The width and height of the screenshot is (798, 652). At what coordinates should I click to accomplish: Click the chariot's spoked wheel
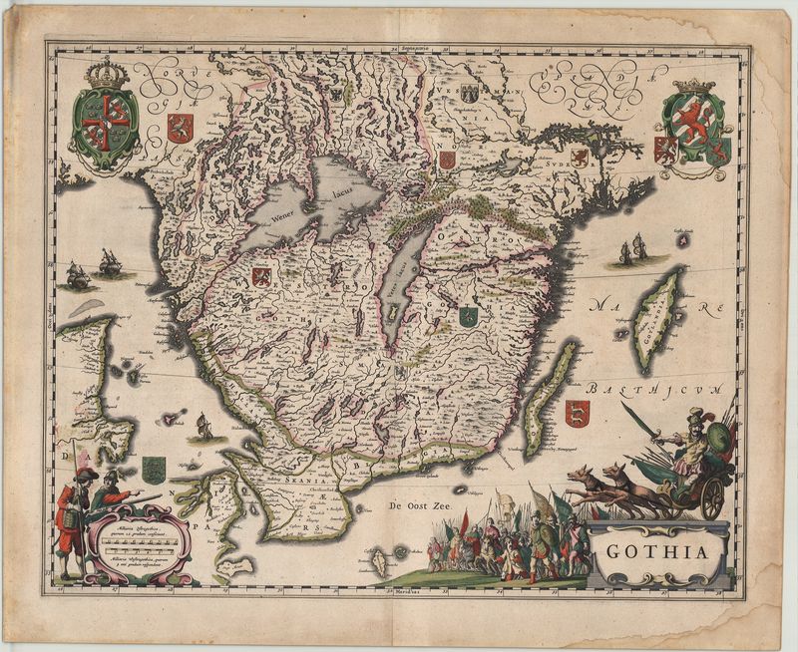pyautogui.click(x=712, y=497)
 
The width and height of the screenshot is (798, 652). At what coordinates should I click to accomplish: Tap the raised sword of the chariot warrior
pyautogui.click(x=639, y=420)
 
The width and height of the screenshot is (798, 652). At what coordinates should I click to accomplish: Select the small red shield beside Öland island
pyautogui.click(x=577, y=412)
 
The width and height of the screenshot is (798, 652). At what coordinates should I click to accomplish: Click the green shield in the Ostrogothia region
pyautogui.click(x=466, y=317)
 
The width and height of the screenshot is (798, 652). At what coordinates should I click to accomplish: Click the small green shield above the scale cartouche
pyautogui.click(x=153, y=469)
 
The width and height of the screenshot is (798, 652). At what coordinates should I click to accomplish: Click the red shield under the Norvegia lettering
pyautogui.click(x=180, y=127)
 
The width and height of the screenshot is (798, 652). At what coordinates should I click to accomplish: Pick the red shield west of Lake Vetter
pyautogui.click(x=262, y=276)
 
